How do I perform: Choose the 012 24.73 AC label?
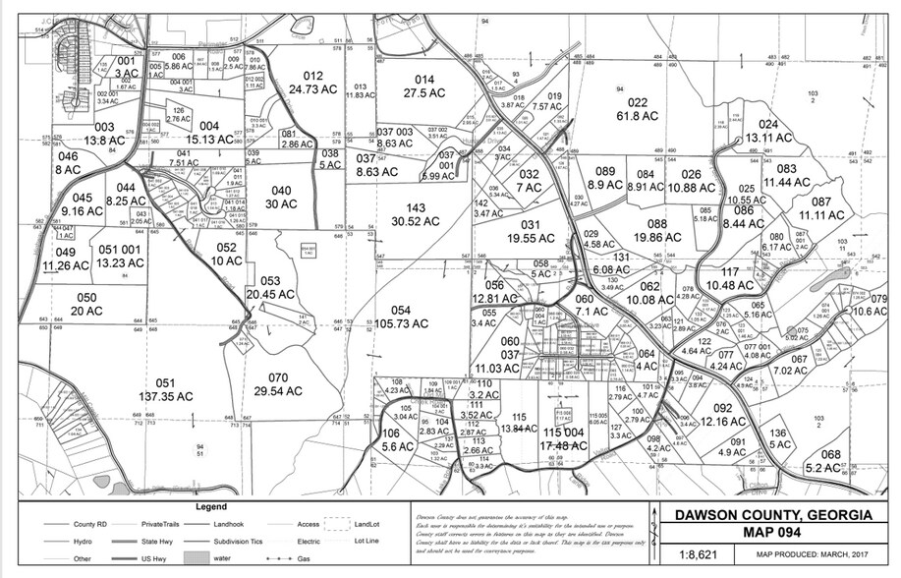(x=313, y=82)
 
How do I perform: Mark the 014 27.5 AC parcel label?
(x=424, y=87)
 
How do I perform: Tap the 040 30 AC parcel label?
(x=282, y=197)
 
